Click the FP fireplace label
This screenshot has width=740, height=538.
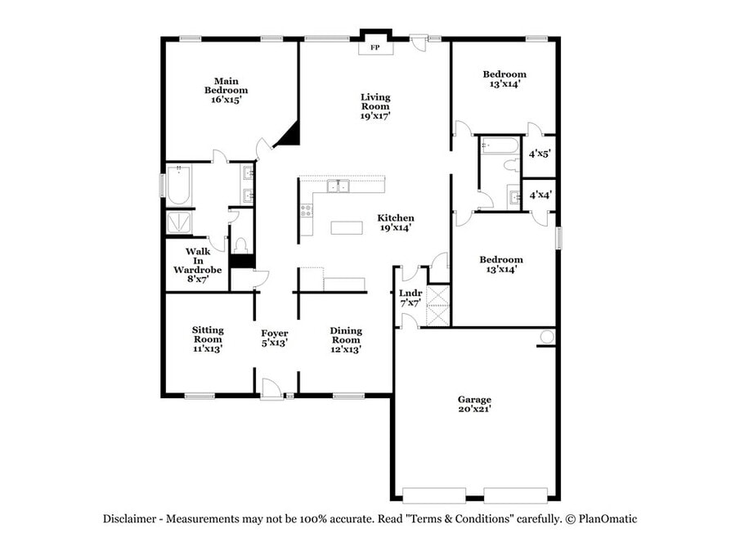point(374,47)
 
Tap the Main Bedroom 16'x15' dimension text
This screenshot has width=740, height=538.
point(226,100)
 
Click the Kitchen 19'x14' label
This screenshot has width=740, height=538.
point(396,222)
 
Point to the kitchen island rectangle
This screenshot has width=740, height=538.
point(347,227)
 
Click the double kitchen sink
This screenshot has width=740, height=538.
point(338,186)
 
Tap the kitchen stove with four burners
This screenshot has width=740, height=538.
point(307,210)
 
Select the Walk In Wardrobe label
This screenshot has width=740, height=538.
point(198,265)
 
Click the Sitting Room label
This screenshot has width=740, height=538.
point(208,338)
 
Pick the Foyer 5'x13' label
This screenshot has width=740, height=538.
point(274,338)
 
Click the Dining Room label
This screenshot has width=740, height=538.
point(346,340)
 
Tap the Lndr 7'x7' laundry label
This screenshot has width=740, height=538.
point(410,298)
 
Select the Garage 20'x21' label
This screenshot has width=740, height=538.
point(474,404)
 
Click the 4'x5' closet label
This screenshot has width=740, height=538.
point(540,154)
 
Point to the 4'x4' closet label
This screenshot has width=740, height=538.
point(540,195)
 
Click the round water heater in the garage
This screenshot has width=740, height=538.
point(546,337)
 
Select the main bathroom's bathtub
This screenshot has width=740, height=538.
point(179,185)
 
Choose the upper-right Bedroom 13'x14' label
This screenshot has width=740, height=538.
point(505,78)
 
